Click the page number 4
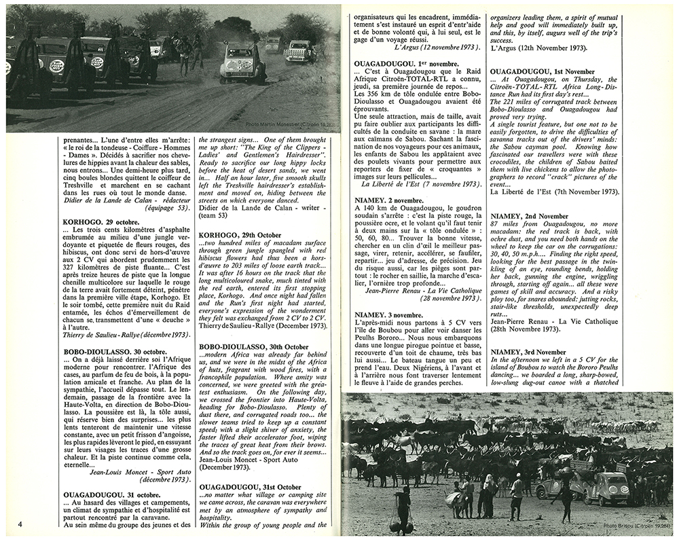click(x=21, y=523)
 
